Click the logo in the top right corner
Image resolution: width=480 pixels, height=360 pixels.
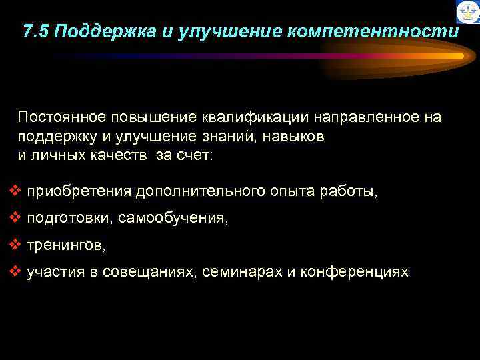click(x=467, y=12)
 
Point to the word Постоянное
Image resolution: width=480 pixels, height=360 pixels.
click(x=55, y=117)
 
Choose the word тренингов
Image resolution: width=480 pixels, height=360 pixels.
click(x=65, y=245)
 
